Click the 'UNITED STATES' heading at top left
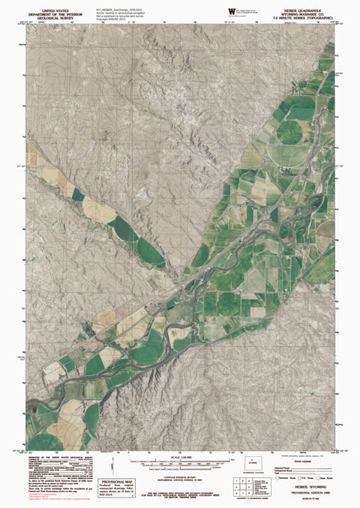click(x=50, y=8)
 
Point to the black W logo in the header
click(x=229, y=10)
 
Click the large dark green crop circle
click(x=289, y=132)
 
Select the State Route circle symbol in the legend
click(x=319, y=477)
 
